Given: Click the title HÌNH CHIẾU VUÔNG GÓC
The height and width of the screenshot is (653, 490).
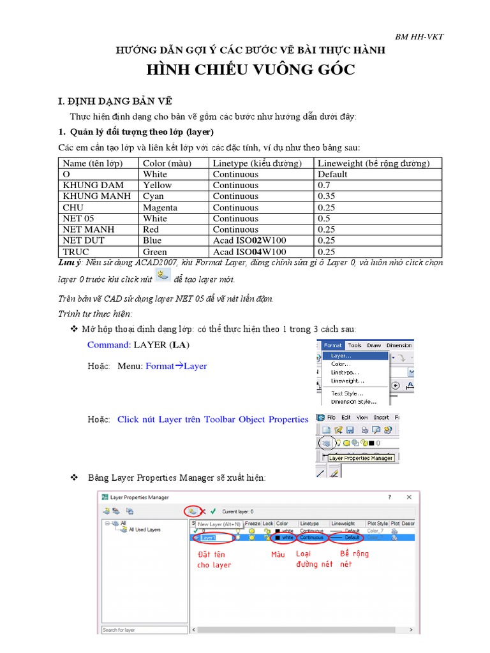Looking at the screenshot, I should point(251,70).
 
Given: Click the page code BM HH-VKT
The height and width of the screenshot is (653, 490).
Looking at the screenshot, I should point(419,36).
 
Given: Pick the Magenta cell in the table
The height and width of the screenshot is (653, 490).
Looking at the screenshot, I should point(160,207).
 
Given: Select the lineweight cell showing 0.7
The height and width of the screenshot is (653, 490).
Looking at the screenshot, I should point(323,185).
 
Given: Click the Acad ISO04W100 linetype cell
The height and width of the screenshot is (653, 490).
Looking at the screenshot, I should point(249,251).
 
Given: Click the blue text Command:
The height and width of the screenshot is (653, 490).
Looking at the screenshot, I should point(109,344).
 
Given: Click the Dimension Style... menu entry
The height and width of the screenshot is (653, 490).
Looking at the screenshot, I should point(353,402).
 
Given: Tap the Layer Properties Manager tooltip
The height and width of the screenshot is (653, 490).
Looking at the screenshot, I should point(360,458).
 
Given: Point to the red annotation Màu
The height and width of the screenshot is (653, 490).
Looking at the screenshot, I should point(278,555).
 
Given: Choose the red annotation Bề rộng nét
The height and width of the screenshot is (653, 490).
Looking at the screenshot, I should point(353,559).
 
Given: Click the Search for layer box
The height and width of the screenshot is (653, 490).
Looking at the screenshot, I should point(144,630).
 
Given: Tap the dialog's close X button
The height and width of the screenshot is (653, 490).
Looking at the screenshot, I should point(409,496).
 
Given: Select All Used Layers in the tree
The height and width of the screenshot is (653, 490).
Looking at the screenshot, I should point(144,529).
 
